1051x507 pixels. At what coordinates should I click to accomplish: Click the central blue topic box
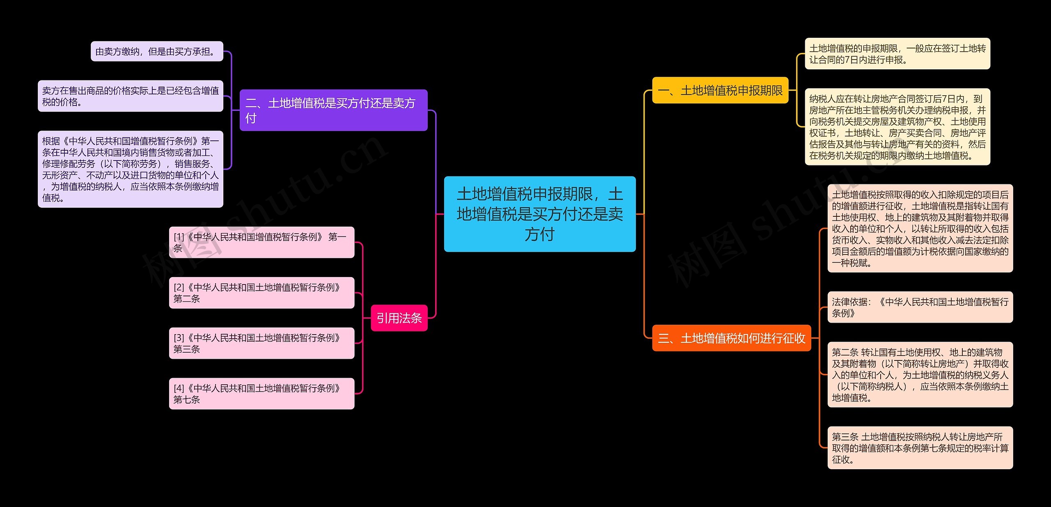(x=539, y=214)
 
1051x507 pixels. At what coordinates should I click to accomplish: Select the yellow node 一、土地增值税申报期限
(x=720, y=90)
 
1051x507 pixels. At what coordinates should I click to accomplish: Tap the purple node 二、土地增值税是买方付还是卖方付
(x=333, y=110)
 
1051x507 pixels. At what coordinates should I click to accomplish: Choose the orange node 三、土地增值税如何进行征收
(x=731, y=338)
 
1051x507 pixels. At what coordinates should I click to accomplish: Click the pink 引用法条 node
(x=399, y=318)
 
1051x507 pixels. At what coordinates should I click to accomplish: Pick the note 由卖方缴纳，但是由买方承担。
(x=157, y=51)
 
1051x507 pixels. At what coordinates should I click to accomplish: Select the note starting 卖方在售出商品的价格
(x=131, y=96)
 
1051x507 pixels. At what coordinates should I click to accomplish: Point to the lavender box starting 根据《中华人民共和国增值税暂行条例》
(x=131, y=169)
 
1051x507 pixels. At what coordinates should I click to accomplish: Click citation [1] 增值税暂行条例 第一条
(x=262, y=242)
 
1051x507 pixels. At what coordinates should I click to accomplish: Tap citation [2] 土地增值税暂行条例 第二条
(x=262, y=293)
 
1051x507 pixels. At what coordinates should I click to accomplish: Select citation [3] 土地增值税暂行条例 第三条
(x=262, y=343)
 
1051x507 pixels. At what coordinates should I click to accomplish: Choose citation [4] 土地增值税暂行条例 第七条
(x=262, y=394)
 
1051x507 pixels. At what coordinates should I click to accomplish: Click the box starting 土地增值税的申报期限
(x=897, y=54)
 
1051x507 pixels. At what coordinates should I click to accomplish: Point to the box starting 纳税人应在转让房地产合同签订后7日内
(x=897, y=127)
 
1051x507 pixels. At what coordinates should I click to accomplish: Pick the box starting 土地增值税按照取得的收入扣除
(x=920, y=228)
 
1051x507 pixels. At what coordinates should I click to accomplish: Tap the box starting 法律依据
(x=920, y=307)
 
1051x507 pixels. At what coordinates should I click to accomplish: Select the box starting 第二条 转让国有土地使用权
(x=920, y=374)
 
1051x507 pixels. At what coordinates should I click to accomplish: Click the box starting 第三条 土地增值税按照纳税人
(x=920, y=448)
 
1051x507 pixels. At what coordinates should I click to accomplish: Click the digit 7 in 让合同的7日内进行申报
(x=848, y=60)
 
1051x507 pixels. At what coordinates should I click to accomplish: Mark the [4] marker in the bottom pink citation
(x=179, y=388)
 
